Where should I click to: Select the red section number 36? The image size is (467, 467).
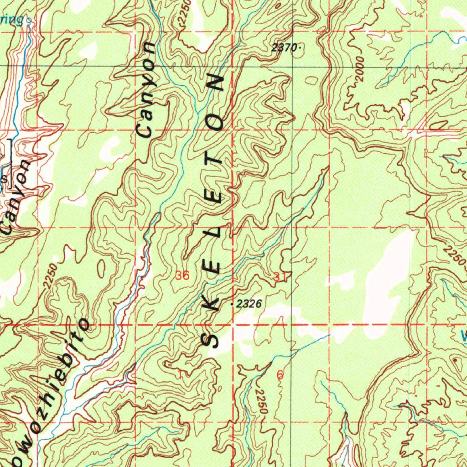pos(182,276)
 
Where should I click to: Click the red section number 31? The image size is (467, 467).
pos(280,276)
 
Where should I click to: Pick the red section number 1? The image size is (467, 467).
pos(181,374)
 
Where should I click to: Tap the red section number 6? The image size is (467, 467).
pos(280,375)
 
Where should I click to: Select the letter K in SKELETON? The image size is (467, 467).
pos(213,304)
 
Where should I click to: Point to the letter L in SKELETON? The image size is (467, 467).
pos(214,232)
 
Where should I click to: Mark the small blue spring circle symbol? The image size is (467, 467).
pos(30,21)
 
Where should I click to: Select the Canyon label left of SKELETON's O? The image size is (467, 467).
pos(148,90)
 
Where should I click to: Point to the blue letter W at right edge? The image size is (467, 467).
pos(463,337)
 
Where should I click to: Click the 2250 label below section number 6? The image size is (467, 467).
pos(260,401)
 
